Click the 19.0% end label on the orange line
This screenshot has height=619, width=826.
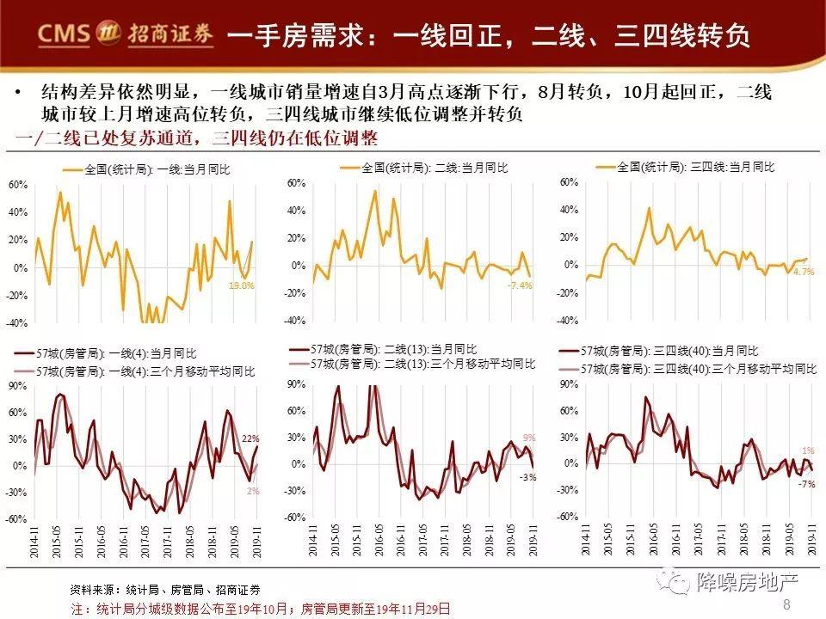(241, 285)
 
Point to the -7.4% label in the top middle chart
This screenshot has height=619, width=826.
(520, 285)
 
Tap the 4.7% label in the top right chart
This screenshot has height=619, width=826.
(804, 272)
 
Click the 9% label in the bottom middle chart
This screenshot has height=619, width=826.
(528, 437)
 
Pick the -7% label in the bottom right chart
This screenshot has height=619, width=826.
(806, 484)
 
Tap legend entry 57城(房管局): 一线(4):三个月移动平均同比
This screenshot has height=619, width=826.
(145, 371)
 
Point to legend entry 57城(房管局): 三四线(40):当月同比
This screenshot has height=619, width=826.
(670, 351)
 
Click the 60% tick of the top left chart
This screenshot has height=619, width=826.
(17, 185)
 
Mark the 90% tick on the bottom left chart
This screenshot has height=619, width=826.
(17, 386)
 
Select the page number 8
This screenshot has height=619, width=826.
(786, 605)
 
